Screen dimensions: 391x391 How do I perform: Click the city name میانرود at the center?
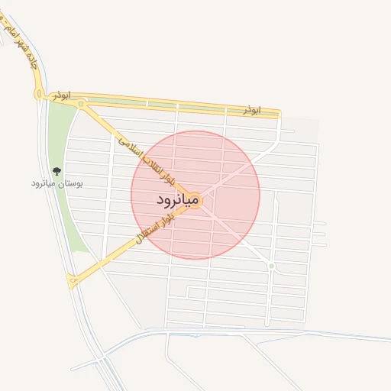click(178, 200)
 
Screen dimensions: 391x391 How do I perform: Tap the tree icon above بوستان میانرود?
click(57, 172)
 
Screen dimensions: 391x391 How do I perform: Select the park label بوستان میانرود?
click(57, 184)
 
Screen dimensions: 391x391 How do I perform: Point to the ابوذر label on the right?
click(252, 110)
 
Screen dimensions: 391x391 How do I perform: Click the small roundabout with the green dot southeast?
click(271, 266)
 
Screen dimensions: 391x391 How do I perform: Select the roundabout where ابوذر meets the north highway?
click(38, 93)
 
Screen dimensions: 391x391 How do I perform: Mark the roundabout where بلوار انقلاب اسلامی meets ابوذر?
click(82, 102)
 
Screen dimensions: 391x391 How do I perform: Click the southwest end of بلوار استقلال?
click(73, 281)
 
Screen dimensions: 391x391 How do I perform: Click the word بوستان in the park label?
click(71, 184)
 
